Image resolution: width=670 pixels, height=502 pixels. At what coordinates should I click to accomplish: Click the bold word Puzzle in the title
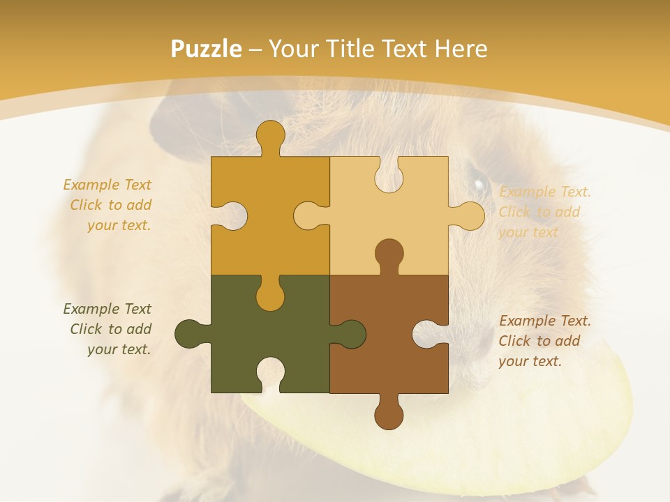207,49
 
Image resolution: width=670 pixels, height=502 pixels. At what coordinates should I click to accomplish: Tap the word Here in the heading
461,49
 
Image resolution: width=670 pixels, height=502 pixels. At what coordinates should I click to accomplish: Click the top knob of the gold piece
270,135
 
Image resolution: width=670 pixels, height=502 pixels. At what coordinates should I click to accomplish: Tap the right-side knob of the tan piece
469,215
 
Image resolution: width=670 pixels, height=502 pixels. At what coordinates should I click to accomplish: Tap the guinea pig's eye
479,185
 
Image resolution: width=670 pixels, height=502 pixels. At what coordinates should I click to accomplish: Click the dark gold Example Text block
108,205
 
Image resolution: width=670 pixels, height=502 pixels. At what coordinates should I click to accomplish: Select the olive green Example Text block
108,329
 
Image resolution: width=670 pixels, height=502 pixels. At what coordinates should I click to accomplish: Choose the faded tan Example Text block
544,212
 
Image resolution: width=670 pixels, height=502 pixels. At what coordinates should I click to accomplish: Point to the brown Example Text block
544,341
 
